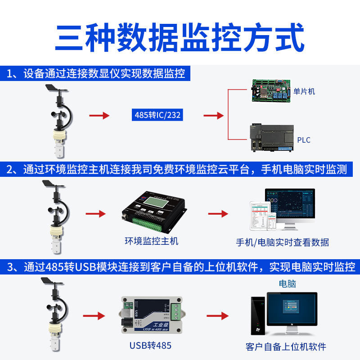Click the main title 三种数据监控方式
pyautogui.click(x=180, y=39)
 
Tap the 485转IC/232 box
pyautogui.click(x=157, y=115)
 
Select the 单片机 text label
pyautogui.click(x=304, y=91)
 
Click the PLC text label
pyautogui.click(x=304, y=140)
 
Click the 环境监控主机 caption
pyautogui.click(x=151, y=241)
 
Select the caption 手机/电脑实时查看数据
pyautogui.click(x=283, y=243)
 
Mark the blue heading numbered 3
pyautogui.click(x=180, y=267)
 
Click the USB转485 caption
pyautogui.click(x=150, y=346)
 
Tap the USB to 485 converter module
pyautogui.click(x=151, y=315)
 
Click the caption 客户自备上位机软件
pyautogui.click(x=286, y=346)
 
